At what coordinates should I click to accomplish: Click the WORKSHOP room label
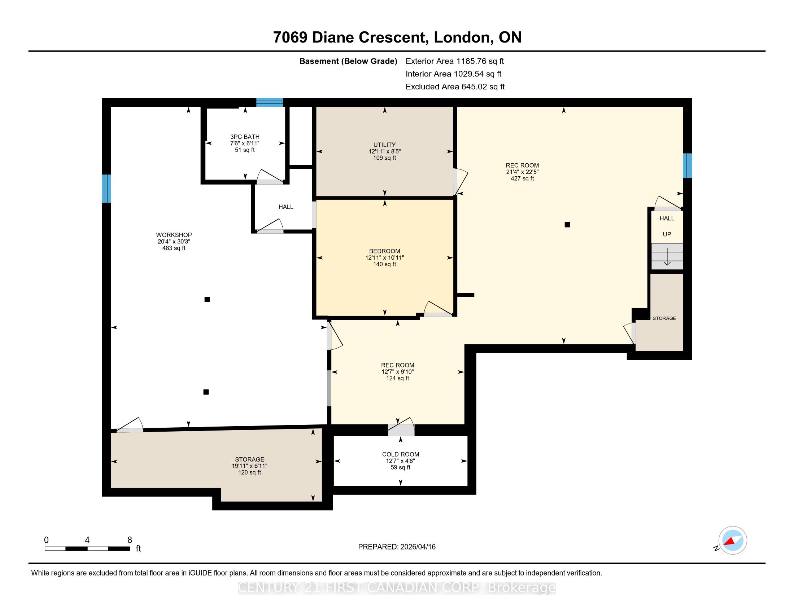click(x=174, y=235)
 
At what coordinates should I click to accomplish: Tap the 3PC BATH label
click(x=245, y=137)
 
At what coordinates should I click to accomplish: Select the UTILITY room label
click(x=384, y=145)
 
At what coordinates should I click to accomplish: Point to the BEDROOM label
click(x=384, y=251)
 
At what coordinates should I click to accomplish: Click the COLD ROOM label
click(x=401, y=454)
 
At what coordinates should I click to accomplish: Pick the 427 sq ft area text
click(x=523, y=178)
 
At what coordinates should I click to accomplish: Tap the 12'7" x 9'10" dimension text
click(x=397, y=372)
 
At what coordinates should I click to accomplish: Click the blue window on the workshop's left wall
click(x=106, y=189)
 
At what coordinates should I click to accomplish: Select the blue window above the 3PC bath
click(x=269, y=102)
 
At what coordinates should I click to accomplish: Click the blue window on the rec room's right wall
click(x=687, y=166)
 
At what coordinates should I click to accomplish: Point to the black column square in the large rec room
click(x=567, y=225)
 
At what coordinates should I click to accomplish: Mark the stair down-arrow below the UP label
click(x=667, y=256)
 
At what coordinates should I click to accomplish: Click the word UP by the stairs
click(x=667, y=234)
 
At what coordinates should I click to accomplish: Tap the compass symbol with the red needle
click(x=733, y=540)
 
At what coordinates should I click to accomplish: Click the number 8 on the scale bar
click(x=130, y=540)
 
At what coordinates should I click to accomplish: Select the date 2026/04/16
click(x=418, y=547)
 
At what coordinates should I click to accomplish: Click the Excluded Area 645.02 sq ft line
click(x=455, y=87)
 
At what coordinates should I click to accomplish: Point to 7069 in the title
click(x=291, y=38)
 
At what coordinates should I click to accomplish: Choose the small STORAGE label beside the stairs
click(x=664, y=318)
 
